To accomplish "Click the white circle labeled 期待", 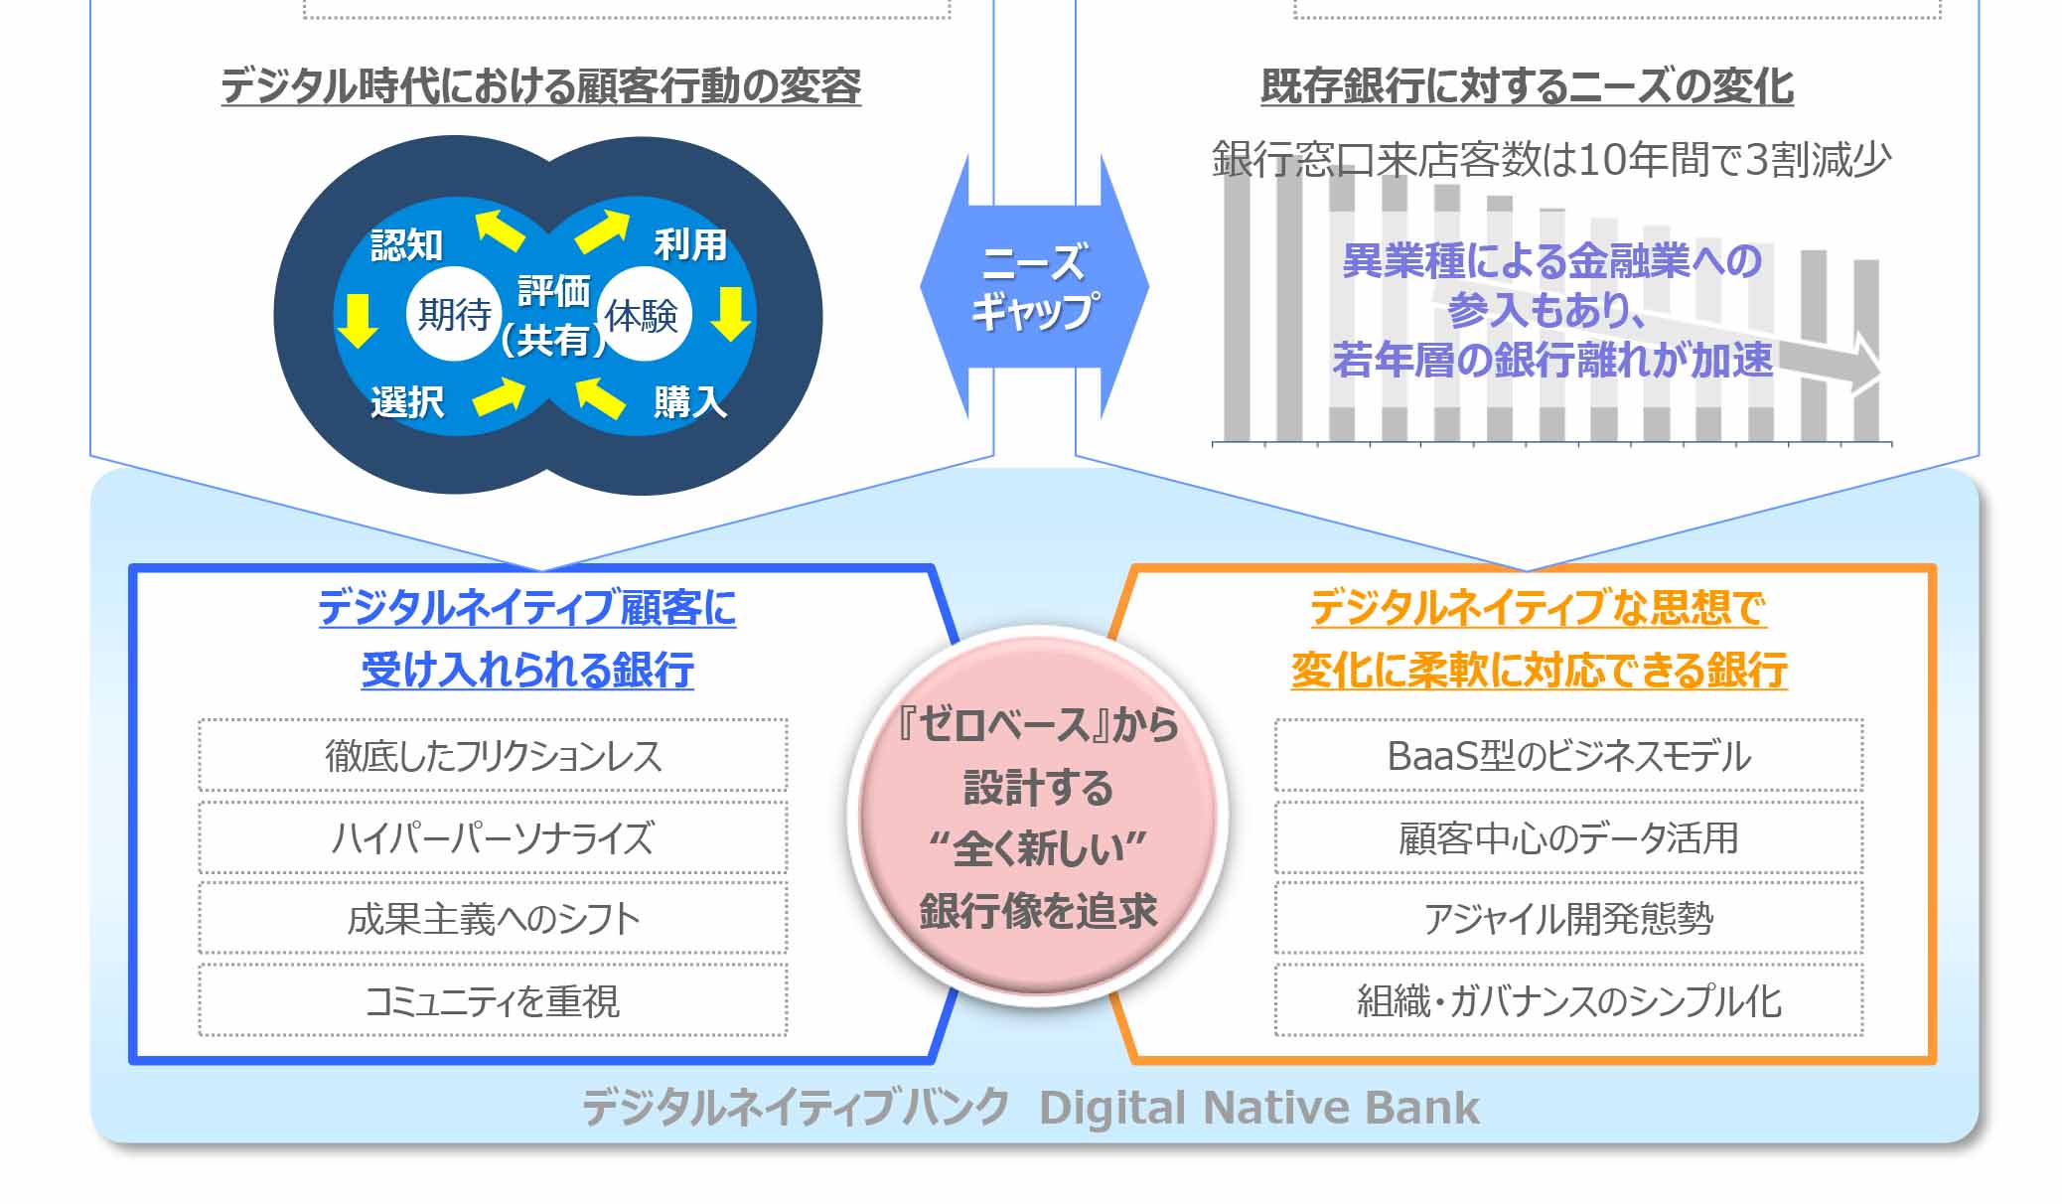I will pyautogui.click(x=453, y=315).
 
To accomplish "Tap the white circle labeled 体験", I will pyautogui.click(x=643, y=316).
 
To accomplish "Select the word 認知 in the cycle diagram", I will pyautogui.click(x=406, y=245).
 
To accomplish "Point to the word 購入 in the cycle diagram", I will pyautogui.click(x=689, y=402).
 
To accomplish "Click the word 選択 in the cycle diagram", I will pyautogui.click(x=407, y=402).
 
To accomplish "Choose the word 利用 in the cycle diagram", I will pyautogui.click(x=689, y=244).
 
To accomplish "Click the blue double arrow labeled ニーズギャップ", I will pyautogui.click(x=1034, y=287).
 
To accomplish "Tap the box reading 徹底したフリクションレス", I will pyautogui.click(x=493, y=756).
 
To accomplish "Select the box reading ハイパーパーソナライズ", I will pyautogui.click(x=493, y=837).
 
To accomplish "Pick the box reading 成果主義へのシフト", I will pyautogui.click(x=493, y=919).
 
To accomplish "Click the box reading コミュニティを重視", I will pyautogui.click(x=493, y=1000).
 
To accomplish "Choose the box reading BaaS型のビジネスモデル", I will pyautogui.click(x=1568, y=756).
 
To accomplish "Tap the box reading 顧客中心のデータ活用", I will pyautogui.click(x=1568, y=837).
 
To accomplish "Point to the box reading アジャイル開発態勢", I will pyautogui.click(x=1568, y=919).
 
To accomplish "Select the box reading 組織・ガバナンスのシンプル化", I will pyautogui.click(x=1568, y=1000).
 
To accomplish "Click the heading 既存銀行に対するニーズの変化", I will pyautogui.click(x=1527, y=86).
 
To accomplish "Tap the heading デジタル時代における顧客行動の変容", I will pyautogui.click(x=540, y=86).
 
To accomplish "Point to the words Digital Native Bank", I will pyautogui.click(x=1258, y=1108).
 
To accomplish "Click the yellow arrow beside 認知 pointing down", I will pyautogui.click(x=358, y=318).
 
